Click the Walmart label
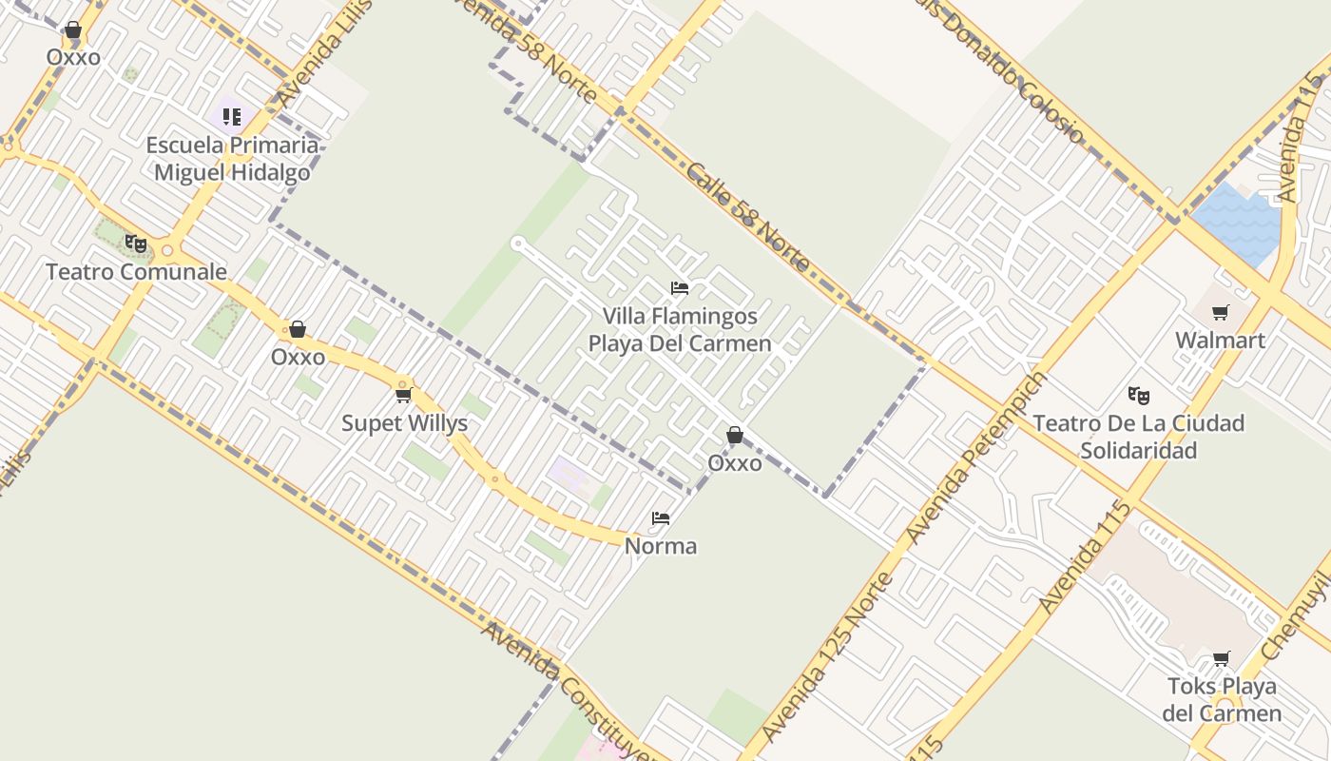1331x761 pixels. pyautogui.click(x=1220, y=341)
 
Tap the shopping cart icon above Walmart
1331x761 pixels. pyautogui.click(x=1221, y=312)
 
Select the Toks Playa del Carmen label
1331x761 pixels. pyautogui.click(x=1222, y=699)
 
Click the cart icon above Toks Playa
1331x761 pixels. pyautogui.click(x=1222, y=658)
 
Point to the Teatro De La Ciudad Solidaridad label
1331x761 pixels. pyautogui.click(x=1138, y=437)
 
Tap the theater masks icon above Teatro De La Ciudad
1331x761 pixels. pyautogui.click(x=1138, y=395)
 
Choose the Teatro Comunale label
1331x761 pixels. pyautogui.click(x=137, y=272)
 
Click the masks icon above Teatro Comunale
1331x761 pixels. pyautogui.click(x=136, y=244)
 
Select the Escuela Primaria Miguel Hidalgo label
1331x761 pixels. pyautogui.click(x=232, y=159)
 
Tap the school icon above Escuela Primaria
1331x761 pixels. pyautogui.click(x=232, y=117)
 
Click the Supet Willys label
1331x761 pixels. pyautogui.click(x=404, y=423)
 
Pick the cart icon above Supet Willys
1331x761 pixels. pyautogui.click(x=403, y=395)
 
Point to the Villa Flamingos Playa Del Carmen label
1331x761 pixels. pyautogui.click(x=680, y=329)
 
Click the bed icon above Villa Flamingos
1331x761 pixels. pyautogui.click(x=680, y=288)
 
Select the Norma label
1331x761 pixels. pyautogui.click(x=661, y=546)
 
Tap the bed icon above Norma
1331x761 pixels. pyautogui.click(x=661, y=518)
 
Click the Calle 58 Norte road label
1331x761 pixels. pyautogui.click(x=747, y=217)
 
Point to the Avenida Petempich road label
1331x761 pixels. pyautogui.click(x=975, y=458)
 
